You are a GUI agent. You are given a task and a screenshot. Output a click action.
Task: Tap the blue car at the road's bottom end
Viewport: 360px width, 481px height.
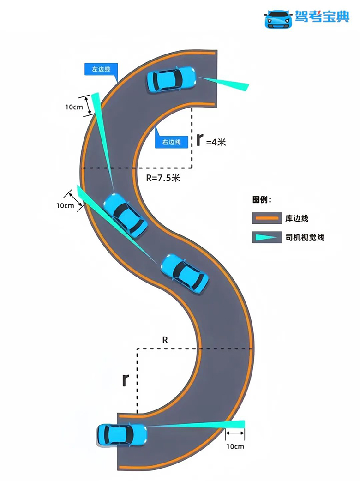(x=122, y=434)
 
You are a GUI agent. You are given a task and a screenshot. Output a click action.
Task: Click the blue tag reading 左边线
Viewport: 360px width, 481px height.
(x=101, y=70)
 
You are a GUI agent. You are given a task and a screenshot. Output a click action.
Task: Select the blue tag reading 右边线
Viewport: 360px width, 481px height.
(x=171, y=142)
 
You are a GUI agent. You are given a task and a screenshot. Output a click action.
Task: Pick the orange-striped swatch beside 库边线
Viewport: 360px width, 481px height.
(x=266, y=218)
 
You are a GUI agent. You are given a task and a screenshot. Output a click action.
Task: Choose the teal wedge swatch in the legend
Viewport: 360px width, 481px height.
(x=266, y=238)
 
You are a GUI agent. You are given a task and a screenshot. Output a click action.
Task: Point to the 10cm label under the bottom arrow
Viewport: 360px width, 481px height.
(x=235, y=446)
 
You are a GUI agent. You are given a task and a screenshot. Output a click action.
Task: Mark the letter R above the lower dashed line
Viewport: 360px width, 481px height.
(x=165, y=340)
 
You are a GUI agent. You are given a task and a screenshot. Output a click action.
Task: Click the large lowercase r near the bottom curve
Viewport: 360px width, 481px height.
(x=125, y=379)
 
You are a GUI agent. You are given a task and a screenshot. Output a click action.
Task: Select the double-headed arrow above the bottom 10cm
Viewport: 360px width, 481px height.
(x=235, y=433)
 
